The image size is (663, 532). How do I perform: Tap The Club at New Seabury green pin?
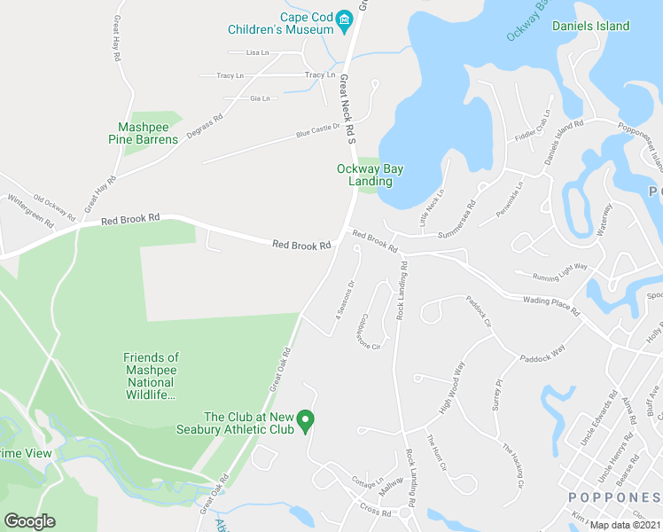(306, 419)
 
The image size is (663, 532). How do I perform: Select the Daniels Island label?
(590, 26)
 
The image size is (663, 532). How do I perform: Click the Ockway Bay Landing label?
(364, 175)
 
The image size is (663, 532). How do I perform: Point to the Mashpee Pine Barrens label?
(143, 133)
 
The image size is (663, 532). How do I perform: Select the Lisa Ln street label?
(257, 53)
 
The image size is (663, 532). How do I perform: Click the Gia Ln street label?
(260, 98)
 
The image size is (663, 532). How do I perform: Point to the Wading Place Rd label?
(550, 307)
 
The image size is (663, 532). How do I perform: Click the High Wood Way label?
(452, 388)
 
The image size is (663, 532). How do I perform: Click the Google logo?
(29, 520)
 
